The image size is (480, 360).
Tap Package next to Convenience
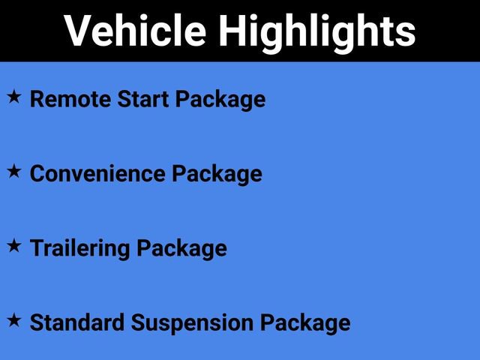[217, 174]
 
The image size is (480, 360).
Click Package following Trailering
[181, 249]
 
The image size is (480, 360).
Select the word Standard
[77, 322]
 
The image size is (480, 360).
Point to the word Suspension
[192, 323]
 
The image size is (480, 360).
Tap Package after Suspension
[305, 323]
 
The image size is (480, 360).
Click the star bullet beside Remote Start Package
[13, 97]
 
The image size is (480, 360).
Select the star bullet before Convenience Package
[13, 172]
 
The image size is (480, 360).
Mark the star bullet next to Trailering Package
[13, 246]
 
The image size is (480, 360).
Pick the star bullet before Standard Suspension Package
[13, 321]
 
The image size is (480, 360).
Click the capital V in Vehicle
[77, 31]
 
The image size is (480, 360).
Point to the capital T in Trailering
[36, 247]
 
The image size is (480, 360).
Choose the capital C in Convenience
[37, 173]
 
